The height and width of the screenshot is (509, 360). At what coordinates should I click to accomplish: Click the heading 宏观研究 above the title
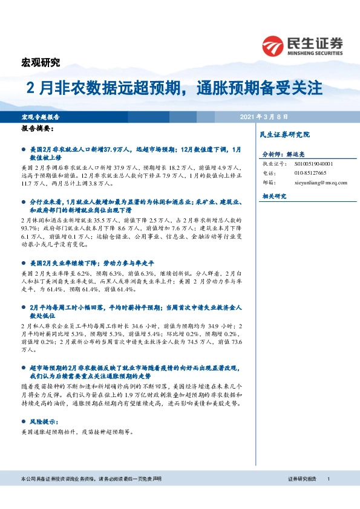pyautogui.click(x=41, y=62)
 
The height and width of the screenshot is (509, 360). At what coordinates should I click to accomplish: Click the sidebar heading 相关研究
pyautogui.click(x=273, y=196)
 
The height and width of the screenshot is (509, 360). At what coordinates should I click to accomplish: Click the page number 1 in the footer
pyautogui.click(x=328, y=479)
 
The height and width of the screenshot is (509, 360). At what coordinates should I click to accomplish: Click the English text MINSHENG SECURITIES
pyautogui.click(x=311, y=53)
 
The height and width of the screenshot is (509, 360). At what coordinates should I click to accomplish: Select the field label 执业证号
pyautogui.click(x=272, y=164)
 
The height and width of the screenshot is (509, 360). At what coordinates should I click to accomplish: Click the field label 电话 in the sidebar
pyautogui.click(x=268, y=173)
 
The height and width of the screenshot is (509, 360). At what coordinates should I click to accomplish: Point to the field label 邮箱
pyautogui.click(x=268, y=182)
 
